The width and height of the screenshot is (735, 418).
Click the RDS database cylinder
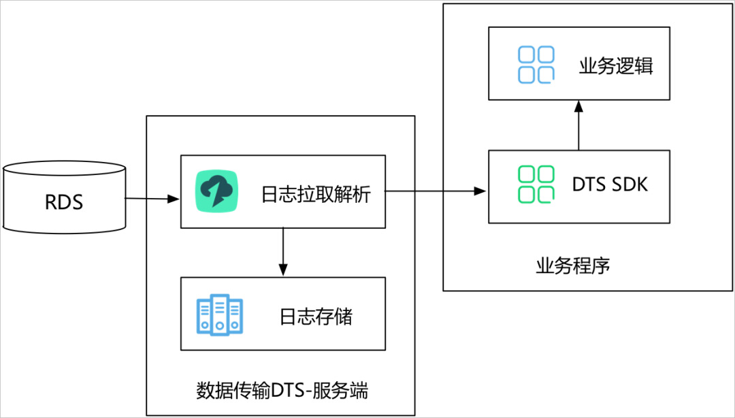(64, 197)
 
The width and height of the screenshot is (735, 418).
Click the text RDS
(64, 202)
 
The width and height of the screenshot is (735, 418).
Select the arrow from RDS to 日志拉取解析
(152, 199)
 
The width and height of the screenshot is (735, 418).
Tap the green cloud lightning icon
(216, 191)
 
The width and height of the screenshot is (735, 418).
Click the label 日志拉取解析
(316, 194)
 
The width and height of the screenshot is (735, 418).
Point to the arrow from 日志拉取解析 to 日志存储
(282, 252)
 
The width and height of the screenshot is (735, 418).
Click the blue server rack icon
(219, 315)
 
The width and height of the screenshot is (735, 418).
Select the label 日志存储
(316, 317)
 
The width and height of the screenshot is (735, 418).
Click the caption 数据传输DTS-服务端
(282, 391)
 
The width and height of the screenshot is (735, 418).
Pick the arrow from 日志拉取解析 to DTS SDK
(436, 191)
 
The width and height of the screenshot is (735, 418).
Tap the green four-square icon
(536, 184)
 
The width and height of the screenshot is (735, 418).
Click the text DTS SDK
(610, 184)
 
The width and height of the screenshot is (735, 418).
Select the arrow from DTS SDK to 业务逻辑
(579, 125)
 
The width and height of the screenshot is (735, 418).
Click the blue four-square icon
(536, 65)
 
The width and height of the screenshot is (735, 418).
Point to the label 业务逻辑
(616, 66)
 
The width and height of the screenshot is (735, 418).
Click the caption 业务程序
(573, 266)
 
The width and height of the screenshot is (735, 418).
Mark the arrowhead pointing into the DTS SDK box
(480, 191)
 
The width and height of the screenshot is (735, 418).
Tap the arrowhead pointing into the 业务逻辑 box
(579, 106)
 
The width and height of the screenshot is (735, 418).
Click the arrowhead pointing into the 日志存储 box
(282, 270)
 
